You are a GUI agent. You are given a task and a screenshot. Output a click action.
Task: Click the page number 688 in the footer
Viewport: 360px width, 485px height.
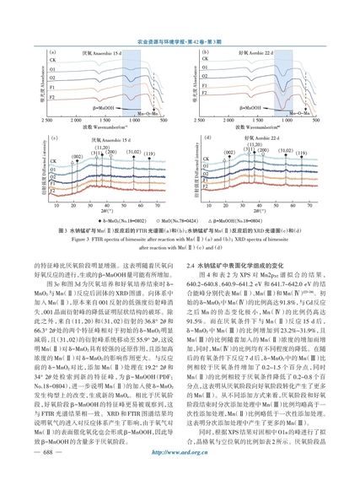click(48, 452)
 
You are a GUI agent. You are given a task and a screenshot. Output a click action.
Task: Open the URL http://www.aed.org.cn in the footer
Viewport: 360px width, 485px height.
click(180, 452)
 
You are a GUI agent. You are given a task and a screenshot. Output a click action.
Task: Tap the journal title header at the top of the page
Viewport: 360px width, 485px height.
click(180, 42)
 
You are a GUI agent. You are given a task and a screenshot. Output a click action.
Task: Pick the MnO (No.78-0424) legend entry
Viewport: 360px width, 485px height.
click(177, 221)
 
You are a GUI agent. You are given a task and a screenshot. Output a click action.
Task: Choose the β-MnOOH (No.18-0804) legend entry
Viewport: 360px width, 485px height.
click(235, 221)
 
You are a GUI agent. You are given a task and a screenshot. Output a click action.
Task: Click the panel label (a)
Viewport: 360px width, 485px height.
click(52, 52)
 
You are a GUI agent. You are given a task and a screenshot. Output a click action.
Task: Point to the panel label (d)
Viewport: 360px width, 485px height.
click(207, 137)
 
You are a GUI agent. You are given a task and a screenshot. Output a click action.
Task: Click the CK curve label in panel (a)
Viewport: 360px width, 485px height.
click(52, 60)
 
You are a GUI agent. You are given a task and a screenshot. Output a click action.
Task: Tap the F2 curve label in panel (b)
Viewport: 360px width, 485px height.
click(204, 93)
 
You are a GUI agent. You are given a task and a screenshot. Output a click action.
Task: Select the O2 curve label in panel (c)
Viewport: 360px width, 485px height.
click(53, 177)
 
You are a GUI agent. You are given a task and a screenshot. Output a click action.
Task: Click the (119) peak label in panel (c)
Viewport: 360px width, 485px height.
click(149, 154)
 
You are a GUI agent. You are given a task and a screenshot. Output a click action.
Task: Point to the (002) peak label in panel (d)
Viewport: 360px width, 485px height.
click(229, 152)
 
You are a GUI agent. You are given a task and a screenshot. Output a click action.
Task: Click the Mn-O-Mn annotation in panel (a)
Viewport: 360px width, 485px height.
click(148, 114)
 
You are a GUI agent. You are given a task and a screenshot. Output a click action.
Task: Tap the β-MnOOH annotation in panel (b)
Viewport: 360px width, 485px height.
click(250, 108)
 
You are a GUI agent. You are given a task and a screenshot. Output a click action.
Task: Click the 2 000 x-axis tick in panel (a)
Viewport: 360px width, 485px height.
click(76, 121)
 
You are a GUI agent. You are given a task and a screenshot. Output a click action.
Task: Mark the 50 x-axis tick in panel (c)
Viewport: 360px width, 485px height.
click(124, 205)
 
